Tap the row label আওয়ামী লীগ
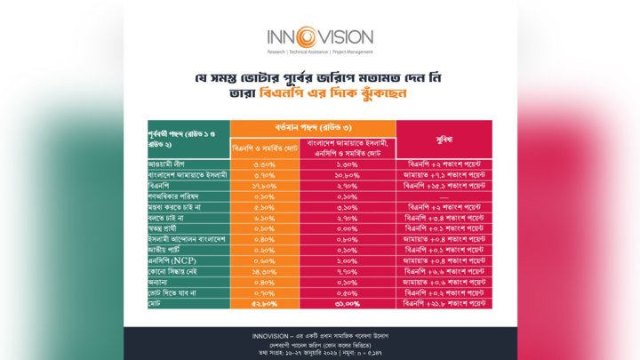169,164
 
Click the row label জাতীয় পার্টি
168,249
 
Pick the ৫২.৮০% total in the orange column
265,303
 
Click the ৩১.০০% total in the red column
348,303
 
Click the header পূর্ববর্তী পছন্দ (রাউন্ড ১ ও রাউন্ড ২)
185,138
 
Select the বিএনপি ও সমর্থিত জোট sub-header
265,147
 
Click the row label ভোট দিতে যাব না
172,292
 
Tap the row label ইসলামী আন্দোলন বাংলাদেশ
187,238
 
